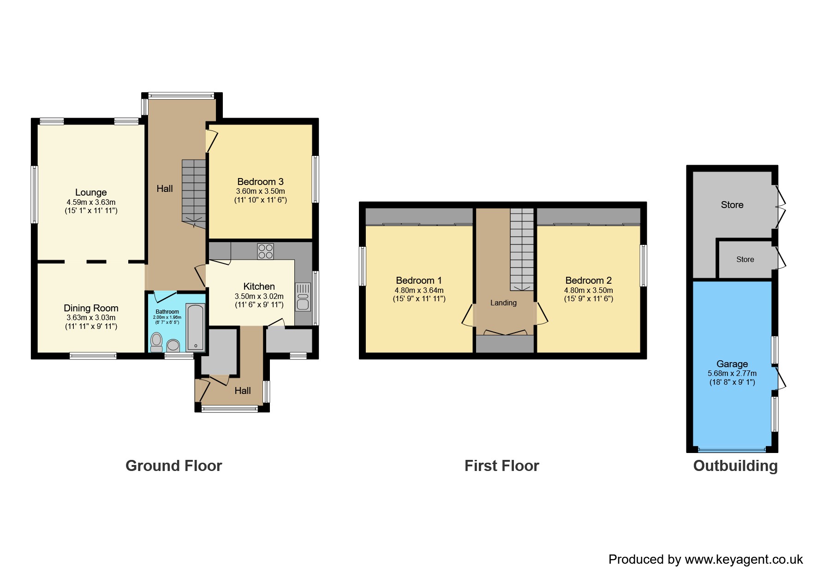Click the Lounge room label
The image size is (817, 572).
point(91,192)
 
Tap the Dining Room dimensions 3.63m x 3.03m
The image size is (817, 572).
point(91,318)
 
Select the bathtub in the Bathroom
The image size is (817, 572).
point(195,327)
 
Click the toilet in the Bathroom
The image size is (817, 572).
point(156,342)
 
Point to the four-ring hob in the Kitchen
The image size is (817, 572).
point(265,251)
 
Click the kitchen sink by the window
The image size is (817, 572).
point(303,296)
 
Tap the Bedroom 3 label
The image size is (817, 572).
point(260,182)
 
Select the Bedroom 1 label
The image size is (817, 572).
point(418,280)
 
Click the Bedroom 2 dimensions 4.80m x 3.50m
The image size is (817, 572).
point(588,291)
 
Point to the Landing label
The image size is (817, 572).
point(503,303)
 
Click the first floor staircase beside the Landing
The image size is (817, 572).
point(522,249)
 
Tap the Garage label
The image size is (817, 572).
point(732,364)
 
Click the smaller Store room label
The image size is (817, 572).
point(745,260)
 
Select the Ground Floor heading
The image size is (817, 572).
point(173,466)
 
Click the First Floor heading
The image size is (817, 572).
point(501,466)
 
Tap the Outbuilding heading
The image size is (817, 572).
point(735,466)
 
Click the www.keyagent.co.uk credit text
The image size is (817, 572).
point(744,560)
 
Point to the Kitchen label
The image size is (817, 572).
point(259,286)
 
